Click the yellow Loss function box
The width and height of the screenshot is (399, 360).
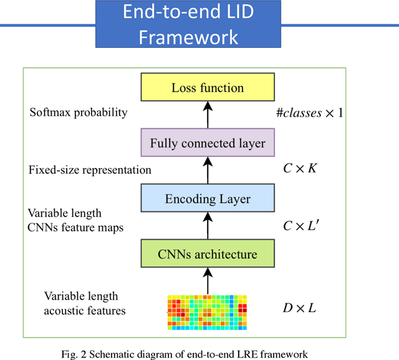click(x=208, y=88)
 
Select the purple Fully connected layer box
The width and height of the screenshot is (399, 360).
click(x=208, y=144)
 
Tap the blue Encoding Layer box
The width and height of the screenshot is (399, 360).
click(x=208, y=199)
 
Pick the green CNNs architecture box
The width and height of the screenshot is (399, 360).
click(x=208, y=254)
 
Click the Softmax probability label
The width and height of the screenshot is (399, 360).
click(x=79, y=113)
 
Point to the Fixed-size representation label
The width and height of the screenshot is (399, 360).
click(x=90, y=169)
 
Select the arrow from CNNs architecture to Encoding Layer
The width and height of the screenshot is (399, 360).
click(x=208, y=227)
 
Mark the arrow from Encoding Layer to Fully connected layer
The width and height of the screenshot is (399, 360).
click(x=208, y=171)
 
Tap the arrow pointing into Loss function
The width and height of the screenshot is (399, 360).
click(x=208, y=116)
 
